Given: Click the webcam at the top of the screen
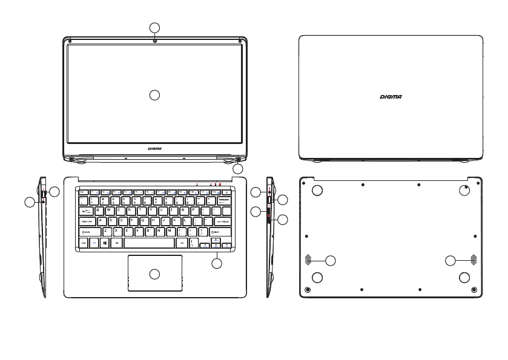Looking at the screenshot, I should (x=155, y=40).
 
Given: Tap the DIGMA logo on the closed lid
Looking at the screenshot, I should (x=391, y=96).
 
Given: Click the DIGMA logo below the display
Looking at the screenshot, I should (x=155, y=147).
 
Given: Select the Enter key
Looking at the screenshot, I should (x=223, y=221).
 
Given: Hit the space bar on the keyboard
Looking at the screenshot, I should (x=148, y=242).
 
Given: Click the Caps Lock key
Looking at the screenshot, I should (x=87, y=221).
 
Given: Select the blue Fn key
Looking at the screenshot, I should (x=94, y=242).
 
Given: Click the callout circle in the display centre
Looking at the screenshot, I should (x=155, y=94).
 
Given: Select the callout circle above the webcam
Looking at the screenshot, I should (x=155, y=27).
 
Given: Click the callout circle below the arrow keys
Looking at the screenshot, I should (x=217, y=263).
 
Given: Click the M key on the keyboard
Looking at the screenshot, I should (x=170, y=232).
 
